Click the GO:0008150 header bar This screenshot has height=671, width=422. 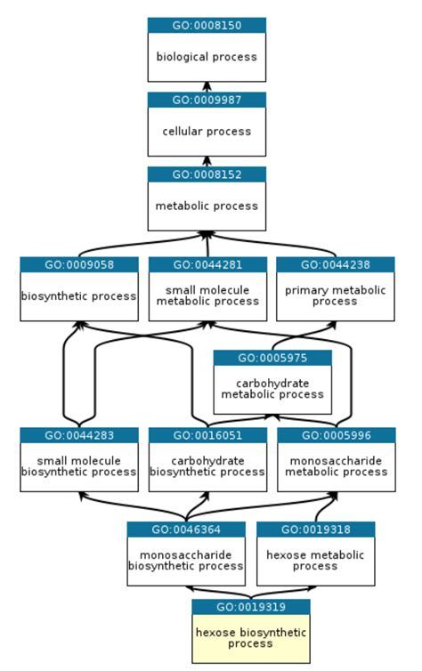tap(207, 26)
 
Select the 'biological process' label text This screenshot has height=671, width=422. tap(207, 57)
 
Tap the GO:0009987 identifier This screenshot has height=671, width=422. tap(207, 100)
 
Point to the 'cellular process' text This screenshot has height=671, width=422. tap(207, 132)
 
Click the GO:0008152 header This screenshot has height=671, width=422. tap(207, 174)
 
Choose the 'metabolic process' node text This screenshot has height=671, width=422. tap(207, 206)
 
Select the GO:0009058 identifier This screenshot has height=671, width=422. tap(79, 264)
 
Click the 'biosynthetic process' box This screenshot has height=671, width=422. tap(79, 296)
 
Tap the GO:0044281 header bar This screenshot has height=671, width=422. tap(207, 264)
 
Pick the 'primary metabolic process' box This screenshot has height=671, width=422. tap(335, 296)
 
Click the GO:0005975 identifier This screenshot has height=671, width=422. tap(272, 358)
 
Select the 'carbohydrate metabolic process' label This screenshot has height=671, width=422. tap(272, 389)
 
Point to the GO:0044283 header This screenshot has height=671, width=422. tap(79, 435)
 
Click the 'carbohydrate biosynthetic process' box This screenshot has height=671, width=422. tap(207, 466)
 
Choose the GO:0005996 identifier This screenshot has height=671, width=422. tap(335, 435)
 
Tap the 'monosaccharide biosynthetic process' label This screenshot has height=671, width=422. tap(185, 560)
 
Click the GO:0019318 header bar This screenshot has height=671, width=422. tap(315, 530)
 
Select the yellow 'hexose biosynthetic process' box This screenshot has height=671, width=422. tap(250, 638)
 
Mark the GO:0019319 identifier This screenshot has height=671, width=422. tap(250, 607)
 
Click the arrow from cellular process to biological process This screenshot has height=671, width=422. tap(207, 86)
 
